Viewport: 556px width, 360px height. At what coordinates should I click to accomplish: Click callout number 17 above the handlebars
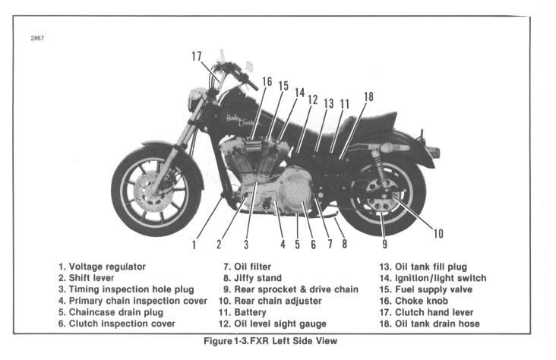pos(197,56)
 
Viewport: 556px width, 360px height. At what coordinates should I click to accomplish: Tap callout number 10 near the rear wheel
pos(438,233)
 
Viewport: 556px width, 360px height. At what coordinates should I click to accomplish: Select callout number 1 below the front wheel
pos(194,245)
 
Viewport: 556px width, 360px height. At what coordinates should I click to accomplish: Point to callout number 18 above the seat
pos(368,96)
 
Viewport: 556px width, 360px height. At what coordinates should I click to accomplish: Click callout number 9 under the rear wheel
pos(384,245)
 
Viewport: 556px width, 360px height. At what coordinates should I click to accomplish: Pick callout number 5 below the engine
pos(296,245)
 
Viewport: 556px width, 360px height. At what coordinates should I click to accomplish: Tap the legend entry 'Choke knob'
pos(425,301)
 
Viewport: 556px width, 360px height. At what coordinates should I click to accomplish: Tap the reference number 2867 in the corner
pos(37,38)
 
